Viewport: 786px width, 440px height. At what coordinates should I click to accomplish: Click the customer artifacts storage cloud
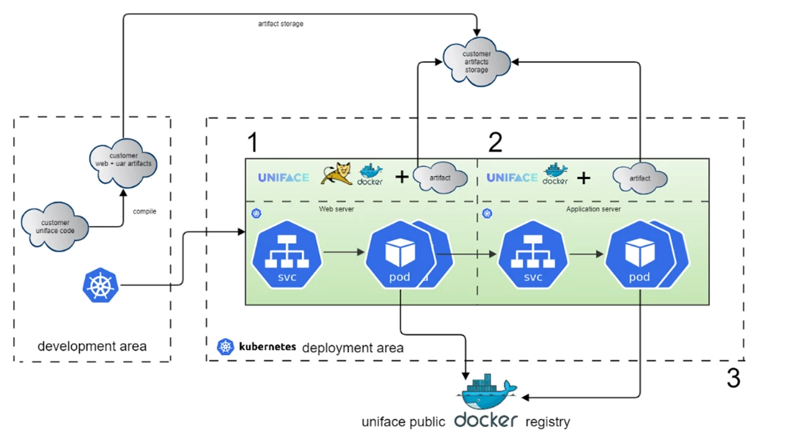pyautogui.click(x=477, y=62)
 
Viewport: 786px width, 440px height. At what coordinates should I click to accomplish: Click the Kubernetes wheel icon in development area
pyautogui.click(x=100, y=285)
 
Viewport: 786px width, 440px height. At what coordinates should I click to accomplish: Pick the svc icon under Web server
pyautogui.click(x=287, y=254)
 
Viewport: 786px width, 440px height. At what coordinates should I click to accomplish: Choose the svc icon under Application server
pyautogui.click(x=533, y=254)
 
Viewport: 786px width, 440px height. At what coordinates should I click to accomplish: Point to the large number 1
pyautogui.click(x=253, y=142)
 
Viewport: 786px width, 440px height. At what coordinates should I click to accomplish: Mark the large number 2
pyautogui.click(x=496, y=142)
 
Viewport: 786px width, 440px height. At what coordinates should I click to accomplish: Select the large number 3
pyautogui.click(x=733, y=378)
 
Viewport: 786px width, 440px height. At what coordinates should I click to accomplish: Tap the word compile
pyautogui.click(x=144, y=212)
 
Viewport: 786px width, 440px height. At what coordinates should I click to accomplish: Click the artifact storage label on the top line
pyautogui.click(x=281, y=24)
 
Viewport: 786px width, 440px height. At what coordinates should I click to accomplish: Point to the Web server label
pyautogui.click(x=337, y=209)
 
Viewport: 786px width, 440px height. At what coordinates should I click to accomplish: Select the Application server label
pyautogui.click(x=593, y=209)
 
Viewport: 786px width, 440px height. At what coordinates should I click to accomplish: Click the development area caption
pyautogui.click(x=92, y=346)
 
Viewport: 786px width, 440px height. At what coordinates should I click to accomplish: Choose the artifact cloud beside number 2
pyautogui.click(x=640, y=178)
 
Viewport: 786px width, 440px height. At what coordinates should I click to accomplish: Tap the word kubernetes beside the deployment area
pyautogui.click(x=268, y=346)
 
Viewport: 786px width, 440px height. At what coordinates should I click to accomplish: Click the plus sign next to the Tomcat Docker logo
pyautogui.click(x=402, y=177)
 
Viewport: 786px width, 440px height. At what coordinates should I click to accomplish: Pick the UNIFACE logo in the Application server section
pyautogui.click(x=512, y=177)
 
